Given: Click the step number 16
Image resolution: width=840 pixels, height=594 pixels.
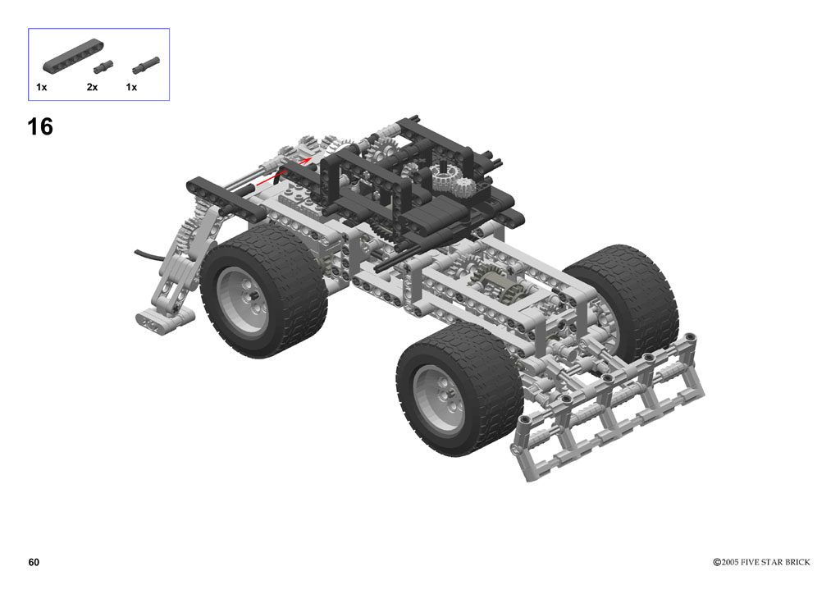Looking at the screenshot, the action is click(40, 127).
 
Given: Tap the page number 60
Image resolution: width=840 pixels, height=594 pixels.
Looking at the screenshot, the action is click(34, 562).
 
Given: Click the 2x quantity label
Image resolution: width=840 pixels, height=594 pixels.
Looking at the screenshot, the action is click(92, 87).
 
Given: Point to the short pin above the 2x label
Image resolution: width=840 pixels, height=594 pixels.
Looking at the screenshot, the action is click(103, 67).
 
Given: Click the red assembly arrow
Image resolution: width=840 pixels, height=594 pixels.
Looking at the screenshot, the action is click(283, 171).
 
